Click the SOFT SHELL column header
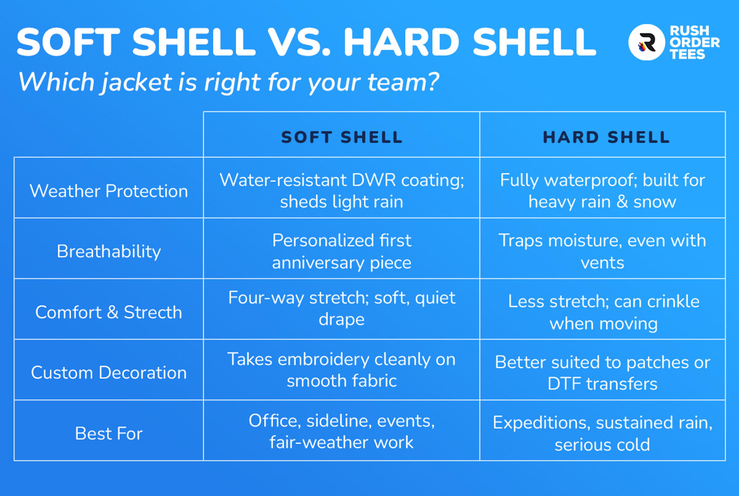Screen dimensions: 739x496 click(342, 137)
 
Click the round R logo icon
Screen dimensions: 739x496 click(646, 42)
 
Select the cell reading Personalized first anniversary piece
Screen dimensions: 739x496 click(342, 252)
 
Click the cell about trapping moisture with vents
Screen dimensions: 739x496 click(602, 252)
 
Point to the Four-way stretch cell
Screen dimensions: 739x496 click(342, 308)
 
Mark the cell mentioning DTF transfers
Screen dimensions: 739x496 click(603, 373)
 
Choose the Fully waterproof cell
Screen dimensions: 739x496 click(603, 191)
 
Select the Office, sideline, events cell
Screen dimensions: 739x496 click(342, 431)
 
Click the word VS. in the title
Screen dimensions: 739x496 click(299, 42)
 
